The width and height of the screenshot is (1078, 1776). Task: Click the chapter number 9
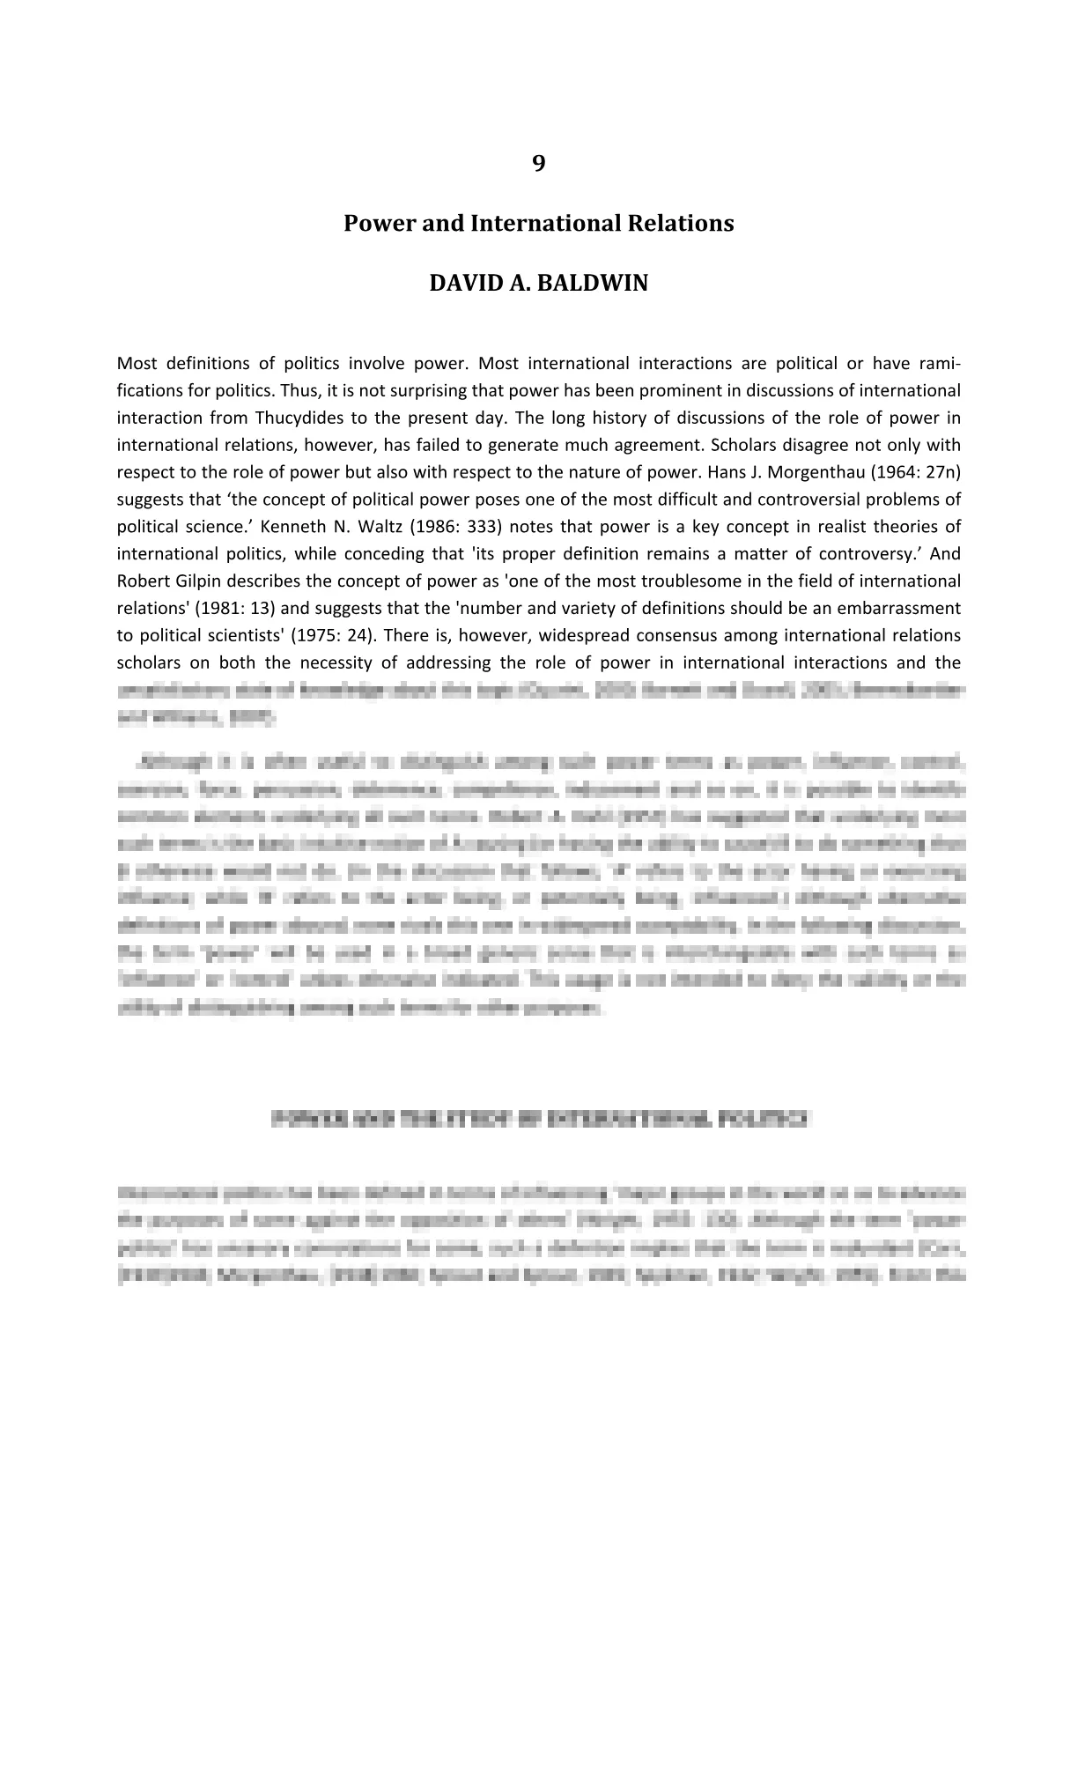click(538, 164)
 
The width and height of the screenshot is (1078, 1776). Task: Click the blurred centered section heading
click(538, 1120)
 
